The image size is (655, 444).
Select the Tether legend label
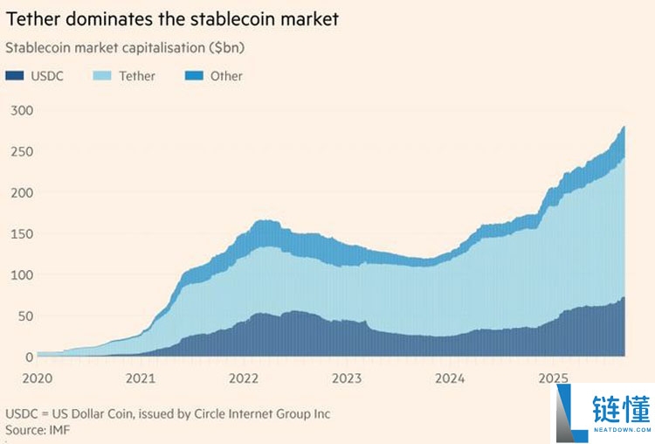pyautogui.click(x=137, y=76)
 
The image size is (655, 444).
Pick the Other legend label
pyautogui.click(x=226, y=76)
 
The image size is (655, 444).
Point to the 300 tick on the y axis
pyautogui.click(x=22, y=110)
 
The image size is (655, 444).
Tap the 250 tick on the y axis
pyautogui.click(x=22, y=151)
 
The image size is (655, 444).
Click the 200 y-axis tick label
pyautogui.click(x=22, y=192)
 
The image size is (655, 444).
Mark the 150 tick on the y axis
pyautogui.click(x=22, y=233)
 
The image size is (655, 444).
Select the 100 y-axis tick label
pyautogui.click(x=22, y=274)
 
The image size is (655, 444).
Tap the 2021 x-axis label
pyautogui.click(x=141, y=378)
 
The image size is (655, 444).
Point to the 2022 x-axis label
pyautogui.click(x=244, y=378)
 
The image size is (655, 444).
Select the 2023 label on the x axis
pyautogui.click(x=347, y=378)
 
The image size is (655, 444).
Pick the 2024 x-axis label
pyautogui.click(x=450, y=378)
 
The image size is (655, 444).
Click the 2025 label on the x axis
pyautogui.click(x=553, y=378)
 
